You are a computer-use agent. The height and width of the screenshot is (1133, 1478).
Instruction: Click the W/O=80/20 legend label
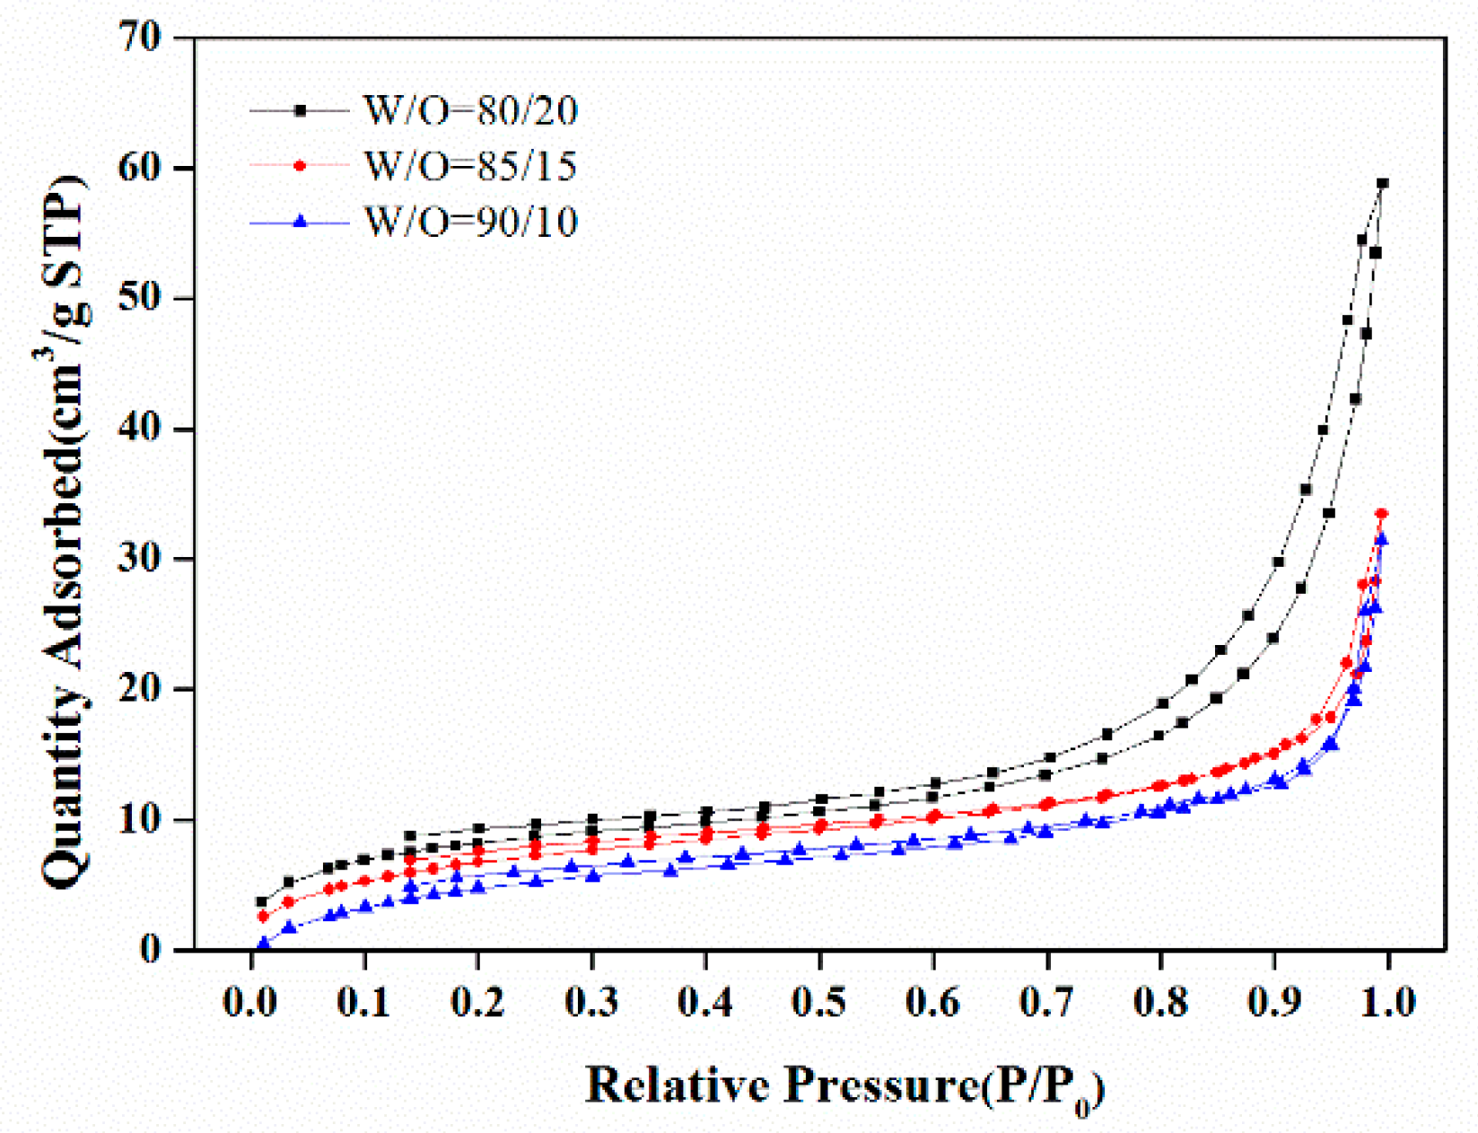470,110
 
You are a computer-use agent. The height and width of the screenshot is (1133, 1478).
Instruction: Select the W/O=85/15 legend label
470,166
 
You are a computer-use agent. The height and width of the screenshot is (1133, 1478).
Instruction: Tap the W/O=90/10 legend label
470,222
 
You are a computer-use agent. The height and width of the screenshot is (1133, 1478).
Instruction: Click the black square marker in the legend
301,110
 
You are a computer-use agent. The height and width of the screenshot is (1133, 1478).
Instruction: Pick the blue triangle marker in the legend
301,221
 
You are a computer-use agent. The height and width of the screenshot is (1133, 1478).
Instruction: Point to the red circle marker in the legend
301,166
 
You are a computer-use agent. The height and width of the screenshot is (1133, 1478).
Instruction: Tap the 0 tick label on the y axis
150,949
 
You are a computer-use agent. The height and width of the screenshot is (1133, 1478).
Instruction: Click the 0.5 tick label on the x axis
818,1002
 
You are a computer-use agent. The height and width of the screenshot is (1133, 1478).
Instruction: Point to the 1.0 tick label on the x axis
1387,1002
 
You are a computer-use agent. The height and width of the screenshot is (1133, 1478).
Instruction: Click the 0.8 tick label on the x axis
1160,1002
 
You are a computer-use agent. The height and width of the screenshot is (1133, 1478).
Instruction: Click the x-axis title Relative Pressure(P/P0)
844,1086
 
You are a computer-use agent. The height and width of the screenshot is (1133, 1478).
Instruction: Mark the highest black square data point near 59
1383,183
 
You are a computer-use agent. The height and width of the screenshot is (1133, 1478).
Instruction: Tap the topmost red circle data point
1382,514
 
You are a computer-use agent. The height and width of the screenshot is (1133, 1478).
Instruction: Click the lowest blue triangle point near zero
263,944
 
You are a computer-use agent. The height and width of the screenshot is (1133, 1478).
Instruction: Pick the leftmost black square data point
262,902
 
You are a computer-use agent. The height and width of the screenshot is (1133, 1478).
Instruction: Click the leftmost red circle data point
263,917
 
